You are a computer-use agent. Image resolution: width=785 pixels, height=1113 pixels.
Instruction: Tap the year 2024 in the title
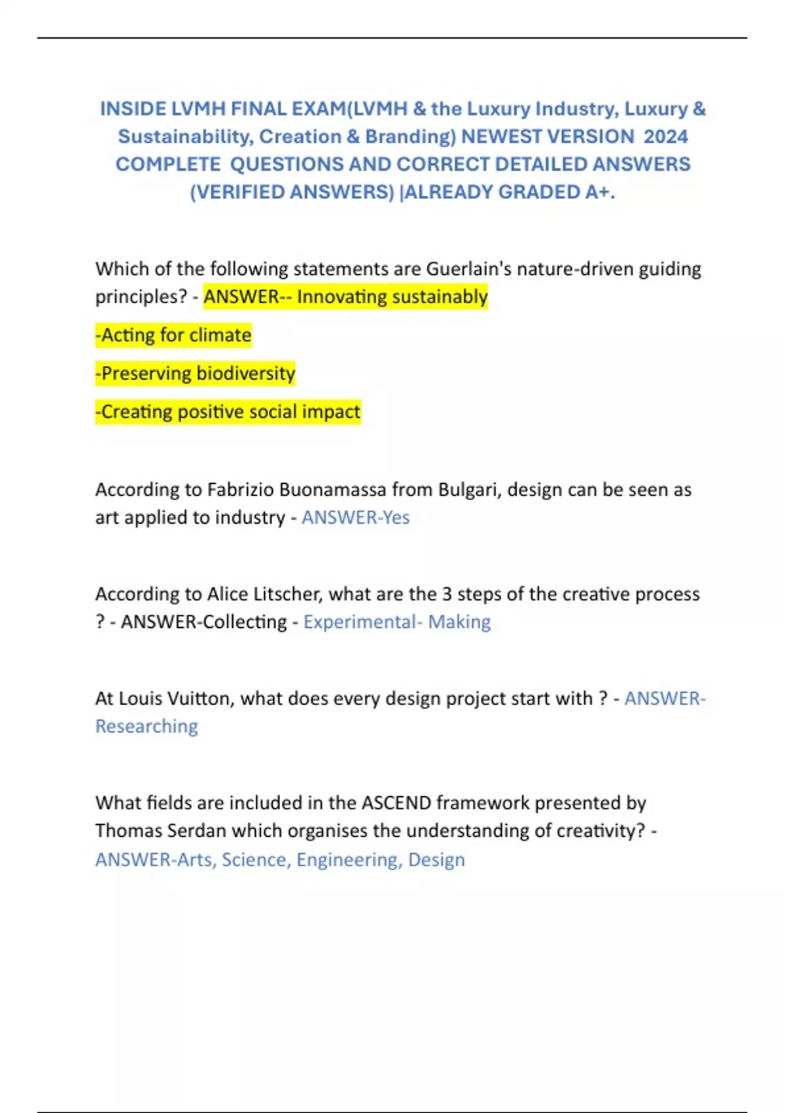665,137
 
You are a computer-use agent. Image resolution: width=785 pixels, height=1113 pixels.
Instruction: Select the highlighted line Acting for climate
173,335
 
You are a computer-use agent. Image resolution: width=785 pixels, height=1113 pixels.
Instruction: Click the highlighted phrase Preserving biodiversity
196,373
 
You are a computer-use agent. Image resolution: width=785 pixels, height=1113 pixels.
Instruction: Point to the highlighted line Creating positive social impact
228,412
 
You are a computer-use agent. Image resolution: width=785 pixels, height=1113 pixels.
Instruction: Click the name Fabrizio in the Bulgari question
241,490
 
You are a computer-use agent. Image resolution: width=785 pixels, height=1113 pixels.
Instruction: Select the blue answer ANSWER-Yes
355,518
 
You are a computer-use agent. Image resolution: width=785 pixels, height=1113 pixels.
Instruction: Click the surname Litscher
264,594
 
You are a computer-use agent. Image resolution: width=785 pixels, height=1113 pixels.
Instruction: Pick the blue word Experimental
359,622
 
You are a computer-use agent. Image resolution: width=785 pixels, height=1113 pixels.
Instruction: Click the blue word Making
459,622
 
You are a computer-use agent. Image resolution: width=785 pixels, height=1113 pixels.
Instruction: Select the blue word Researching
147,727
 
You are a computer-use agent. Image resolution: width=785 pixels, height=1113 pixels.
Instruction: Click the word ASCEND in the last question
396,803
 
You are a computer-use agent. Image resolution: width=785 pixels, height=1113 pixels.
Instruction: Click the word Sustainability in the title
185,137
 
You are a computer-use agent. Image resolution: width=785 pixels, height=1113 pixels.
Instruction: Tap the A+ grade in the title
599,192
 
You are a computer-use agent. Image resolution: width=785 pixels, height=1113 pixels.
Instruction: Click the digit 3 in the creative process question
447,594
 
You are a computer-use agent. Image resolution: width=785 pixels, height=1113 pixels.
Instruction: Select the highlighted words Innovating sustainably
392,297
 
